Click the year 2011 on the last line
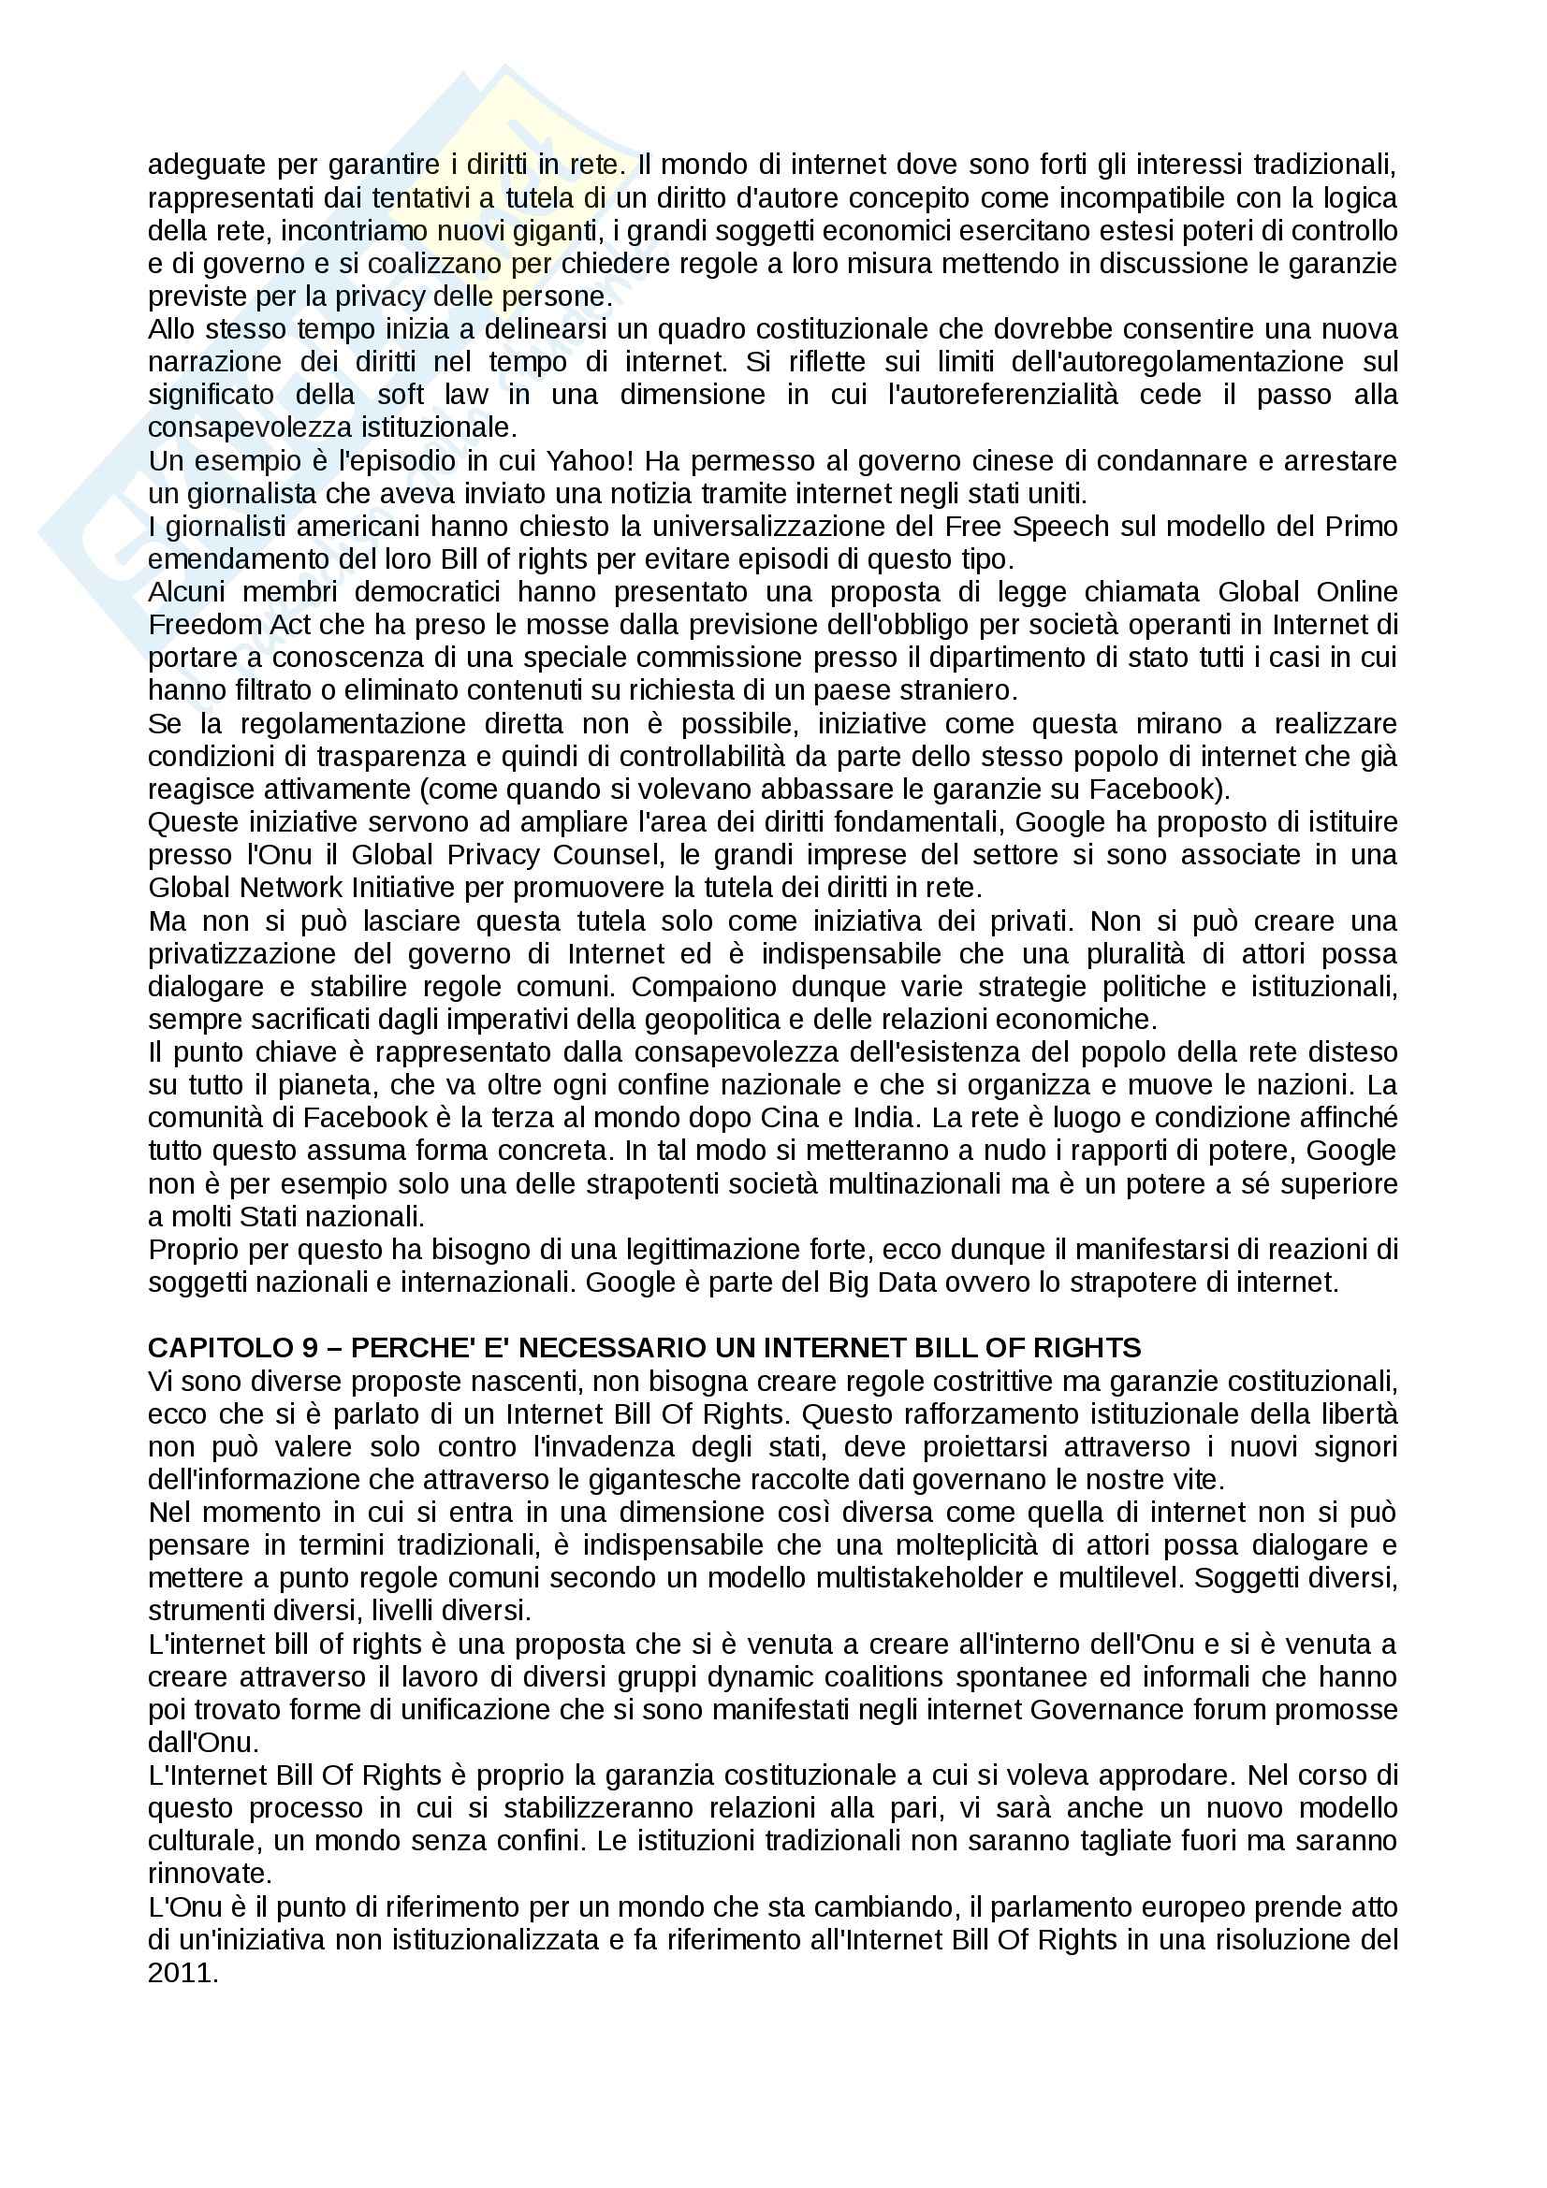coord(183,1973)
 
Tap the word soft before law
coord(401,395)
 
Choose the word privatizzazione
coord(241,954)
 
